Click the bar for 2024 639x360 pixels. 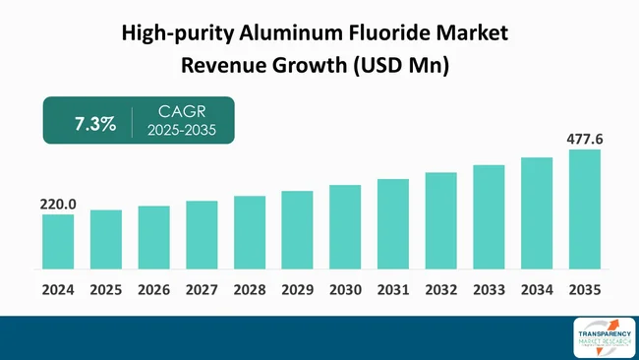58,242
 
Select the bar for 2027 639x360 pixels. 202,235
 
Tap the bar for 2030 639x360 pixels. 345,227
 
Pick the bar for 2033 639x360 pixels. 489,217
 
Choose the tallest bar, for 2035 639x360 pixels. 585,210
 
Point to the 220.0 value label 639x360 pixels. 58,205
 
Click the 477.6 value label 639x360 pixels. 585,140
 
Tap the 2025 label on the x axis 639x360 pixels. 106,290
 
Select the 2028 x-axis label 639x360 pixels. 250,290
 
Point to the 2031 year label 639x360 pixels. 393,290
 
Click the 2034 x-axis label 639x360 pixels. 537,290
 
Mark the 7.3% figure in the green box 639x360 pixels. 95,124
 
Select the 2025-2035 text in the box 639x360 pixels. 181,133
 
